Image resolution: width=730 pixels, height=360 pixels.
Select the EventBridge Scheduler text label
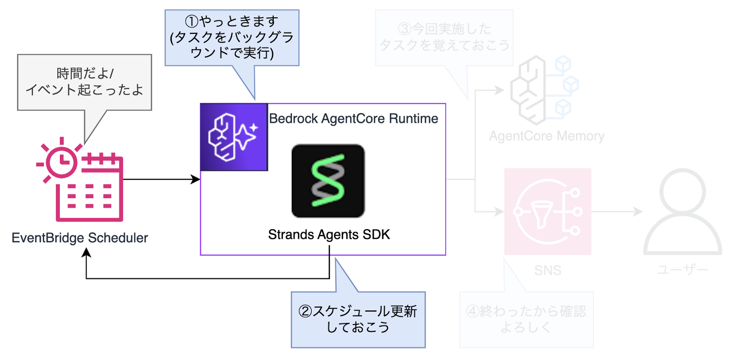pyautogui.click(x=80, y=237)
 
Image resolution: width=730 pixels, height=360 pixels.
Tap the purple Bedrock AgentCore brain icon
pyautogui.click(x=234, y=137)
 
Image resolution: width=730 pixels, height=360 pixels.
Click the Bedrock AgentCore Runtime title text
pyautogui.click(x=353, y=119)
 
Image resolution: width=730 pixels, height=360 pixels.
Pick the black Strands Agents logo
pyautogui.click(x=328, y=181)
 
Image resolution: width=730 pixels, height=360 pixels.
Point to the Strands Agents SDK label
pyautogui.click(x=329, y=235)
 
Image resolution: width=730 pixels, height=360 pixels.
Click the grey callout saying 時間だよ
pyautogui.click(x=85, y=82)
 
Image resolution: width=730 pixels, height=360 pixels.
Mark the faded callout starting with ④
pyautogui.click(x=526, y=319)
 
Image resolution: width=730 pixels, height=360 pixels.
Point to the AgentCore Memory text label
pyautogui.click(x=546, y=136)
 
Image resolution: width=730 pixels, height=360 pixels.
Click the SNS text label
pyautogui.click(x=547, y=270)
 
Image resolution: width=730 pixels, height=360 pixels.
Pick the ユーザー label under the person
pyautogui.click(x=682, y=270)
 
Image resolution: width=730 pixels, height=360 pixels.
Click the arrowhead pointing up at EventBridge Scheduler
pyautogui.click(x=87, y=254)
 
